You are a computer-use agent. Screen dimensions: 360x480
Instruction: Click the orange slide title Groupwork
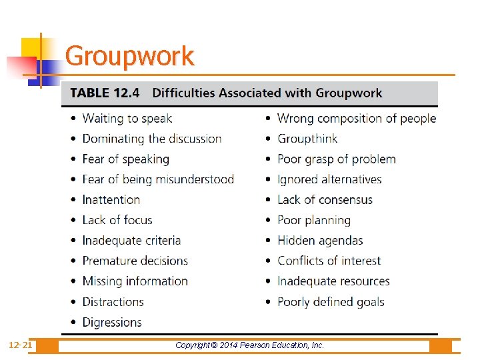tap(129, 56)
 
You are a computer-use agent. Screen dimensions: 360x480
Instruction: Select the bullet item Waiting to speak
tap(127, 119)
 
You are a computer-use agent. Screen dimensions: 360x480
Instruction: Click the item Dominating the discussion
tap(151, 139)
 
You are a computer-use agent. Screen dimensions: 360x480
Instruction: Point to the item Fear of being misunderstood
tap(158, 179)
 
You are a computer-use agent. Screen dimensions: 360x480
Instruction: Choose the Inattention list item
tap(111, 200)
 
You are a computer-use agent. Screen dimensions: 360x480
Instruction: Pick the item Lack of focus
tap(117, 220)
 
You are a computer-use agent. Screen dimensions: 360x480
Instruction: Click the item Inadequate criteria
tap(131, 241)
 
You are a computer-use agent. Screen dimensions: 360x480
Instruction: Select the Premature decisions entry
tap(135, 261)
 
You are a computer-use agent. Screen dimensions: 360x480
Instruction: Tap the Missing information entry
tap(135, 281)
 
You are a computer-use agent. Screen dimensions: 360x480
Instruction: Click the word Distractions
tap(113, 302)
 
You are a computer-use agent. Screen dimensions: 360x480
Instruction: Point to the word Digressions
tap(112, 322)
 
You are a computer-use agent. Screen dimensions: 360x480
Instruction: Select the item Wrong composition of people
tap(357, 119)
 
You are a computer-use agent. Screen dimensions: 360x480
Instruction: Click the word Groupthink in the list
tap(307, 139)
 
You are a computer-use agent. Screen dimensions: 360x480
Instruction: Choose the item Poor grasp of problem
tap(337, 159)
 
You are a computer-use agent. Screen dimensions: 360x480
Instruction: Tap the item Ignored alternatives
tap(329, 179)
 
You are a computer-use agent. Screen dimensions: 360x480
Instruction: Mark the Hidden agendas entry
tap(320, 241)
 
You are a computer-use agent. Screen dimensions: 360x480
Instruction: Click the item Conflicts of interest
tap(329, 261)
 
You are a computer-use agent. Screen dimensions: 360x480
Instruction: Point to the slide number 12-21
tap(20, 345)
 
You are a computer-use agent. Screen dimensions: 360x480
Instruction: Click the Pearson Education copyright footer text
tap(249, 345)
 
